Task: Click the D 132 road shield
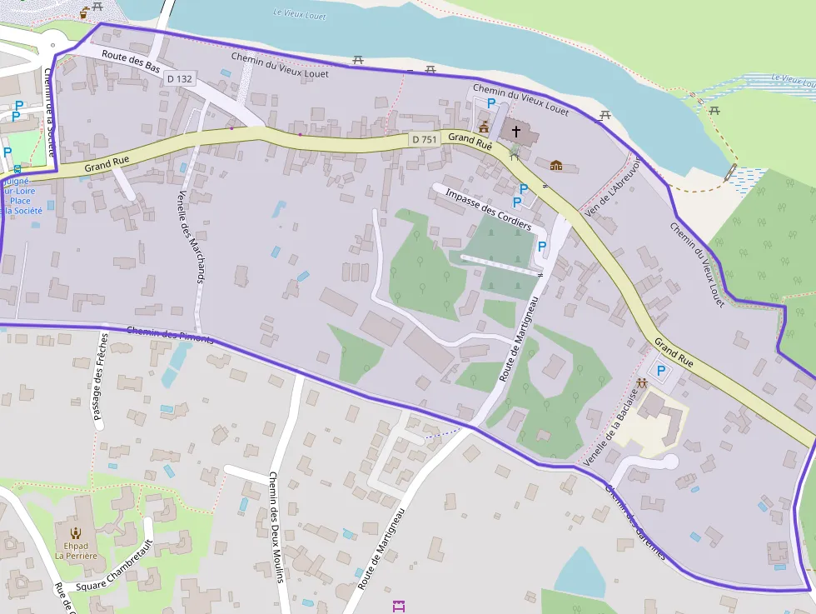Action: (x=179, y=79)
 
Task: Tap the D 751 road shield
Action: (x=425, y=140)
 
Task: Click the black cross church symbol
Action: (x=515, y=131)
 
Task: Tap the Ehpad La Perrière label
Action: (x=76, y=549)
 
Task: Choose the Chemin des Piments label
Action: (x=170, y=335)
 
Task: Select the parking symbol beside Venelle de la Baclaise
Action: (x=662, y=371)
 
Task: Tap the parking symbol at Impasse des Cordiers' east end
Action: (x=542, y=247)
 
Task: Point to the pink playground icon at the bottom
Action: (x=398, y=606)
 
